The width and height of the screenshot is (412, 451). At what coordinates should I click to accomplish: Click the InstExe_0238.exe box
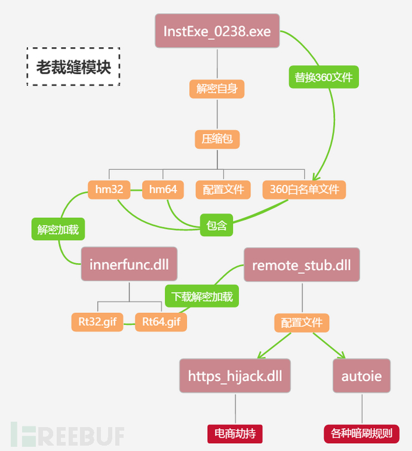(217, 31)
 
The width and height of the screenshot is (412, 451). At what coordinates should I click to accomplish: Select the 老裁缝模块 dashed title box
(73, 66)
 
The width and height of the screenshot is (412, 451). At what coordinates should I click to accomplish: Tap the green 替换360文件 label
(324, 77)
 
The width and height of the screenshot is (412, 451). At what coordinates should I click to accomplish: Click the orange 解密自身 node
(217, 89)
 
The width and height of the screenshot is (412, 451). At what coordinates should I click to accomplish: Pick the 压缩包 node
(217, 139)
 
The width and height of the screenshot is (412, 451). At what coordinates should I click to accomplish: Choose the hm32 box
(109, 190)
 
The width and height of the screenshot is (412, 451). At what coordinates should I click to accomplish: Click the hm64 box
(163, 190)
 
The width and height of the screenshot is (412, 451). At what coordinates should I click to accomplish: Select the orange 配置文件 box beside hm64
(223, 190)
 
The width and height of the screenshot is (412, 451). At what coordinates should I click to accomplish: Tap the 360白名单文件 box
(304, 190)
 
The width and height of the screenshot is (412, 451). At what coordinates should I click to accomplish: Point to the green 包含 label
(217, 225)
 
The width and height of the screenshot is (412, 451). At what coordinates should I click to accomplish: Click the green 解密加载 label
(58, 229)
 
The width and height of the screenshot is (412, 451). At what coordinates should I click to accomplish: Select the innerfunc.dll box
(130, 264)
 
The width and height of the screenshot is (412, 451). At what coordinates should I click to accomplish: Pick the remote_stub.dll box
(302, 265)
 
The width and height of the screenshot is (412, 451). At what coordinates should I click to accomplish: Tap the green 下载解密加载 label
(202, 296)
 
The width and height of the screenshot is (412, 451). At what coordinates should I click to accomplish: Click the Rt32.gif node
(97, 322)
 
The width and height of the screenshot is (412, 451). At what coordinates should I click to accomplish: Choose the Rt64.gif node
(161, 322)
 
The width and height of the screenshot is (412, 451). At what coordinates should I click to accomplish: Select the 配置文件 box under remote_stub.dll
(302, 322)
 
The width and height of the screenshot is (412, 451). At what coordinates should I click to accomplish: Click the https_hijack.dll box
(235, 376)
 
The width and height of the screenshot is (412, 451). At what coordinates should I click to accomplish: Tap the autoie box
(361, 376)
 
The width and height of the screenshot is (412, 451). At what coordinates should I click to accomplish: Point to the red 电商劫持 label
(235, 433)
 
